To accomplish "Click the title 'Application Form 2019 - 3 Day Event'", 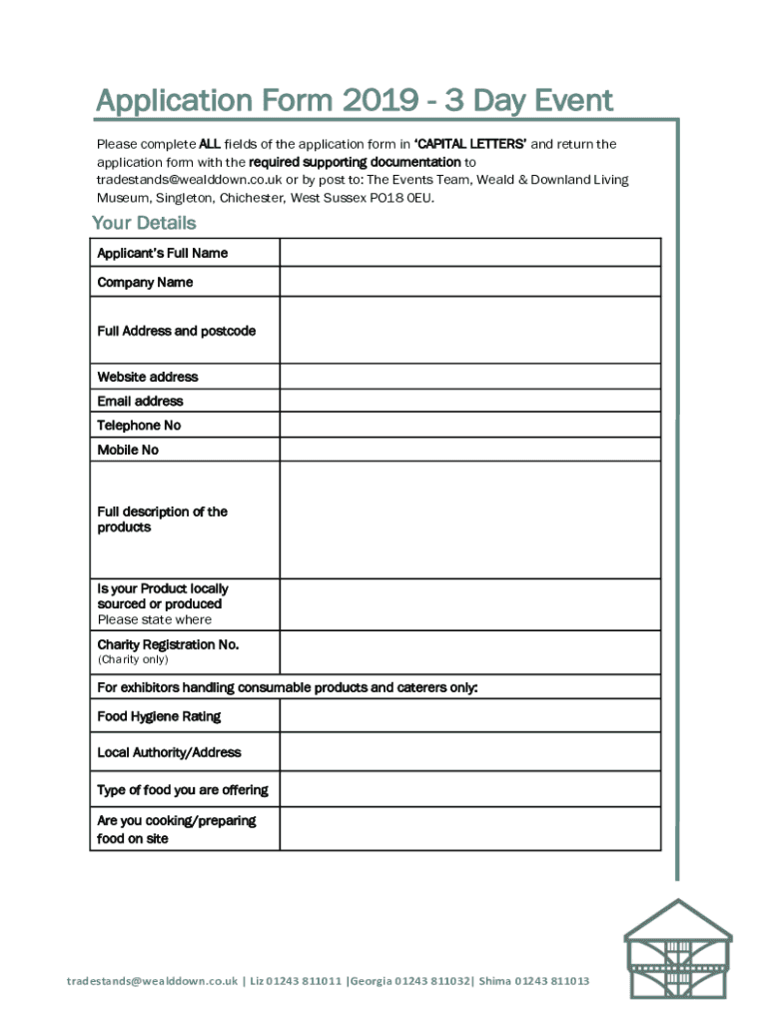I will point(355,101).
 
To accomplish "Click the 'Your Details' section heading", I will point(144,223).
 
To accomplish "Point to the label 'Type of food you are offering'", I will point(183,790).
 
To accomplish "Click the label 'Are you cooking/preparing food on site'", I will point(177,829).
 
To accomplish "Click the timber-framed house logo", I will point(677,948).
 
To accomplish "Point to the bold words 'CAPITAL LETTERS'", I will point(470,144).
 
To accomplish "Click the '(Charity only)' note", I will point(133,659).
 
